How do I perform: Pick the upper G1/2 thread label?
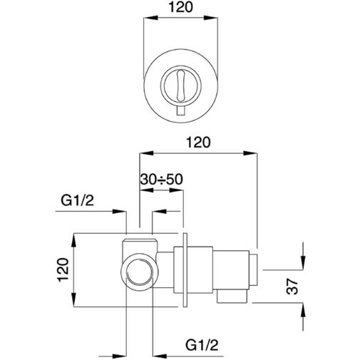[x=76, y=200]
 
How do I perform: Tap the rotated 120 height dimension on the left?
[x=63, y=271]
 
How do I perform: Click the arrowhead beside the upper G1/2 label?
[x=120, y=211]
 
